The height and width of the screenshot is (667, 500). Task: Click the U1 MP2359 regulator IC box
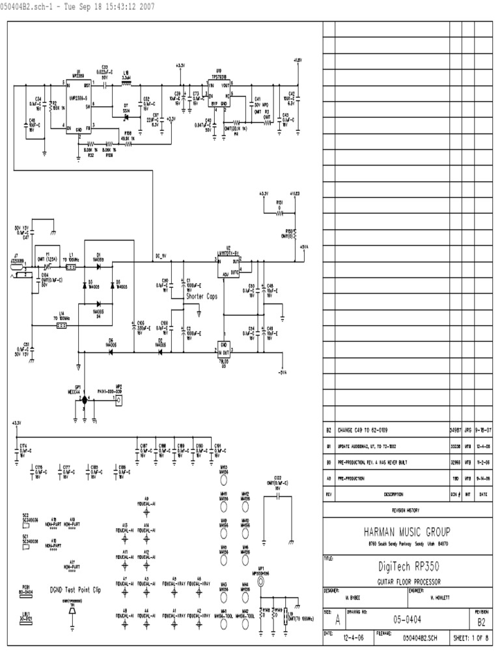[x=79, y=105]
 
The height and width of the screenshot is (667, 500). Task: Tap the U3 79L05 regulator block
[x=225, y=348]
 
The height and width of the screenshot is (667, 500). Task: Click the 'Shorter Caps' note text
[x=202, y=296]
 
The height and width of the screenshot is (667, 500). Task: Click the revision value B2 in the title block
[x=482, y=622]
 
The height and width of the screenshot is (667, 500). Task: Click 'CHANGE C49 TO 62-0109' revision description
[x=367, y=431]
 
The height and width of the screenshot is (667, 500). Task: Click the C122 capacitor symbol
[x=278, y=496]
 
